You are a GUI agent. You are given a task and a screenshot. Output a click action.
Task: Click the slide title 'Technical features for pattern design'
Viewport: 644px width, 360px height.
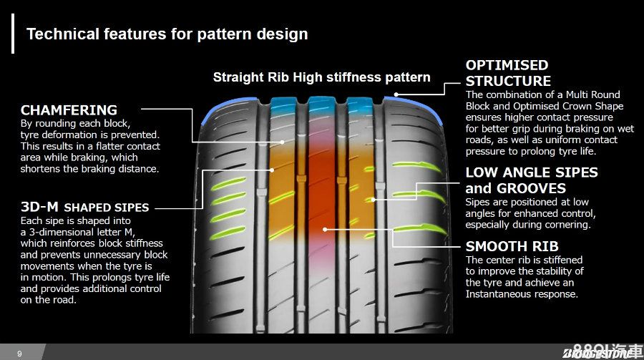tap(167, 34)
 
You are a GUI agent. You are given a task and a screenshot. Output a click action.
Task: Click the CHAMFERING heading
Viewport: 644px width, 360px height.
tap(69, 110)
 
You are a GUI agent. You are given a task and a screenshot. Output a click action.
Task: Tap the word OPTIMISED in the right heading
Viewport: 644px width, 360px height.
tap(507, 65)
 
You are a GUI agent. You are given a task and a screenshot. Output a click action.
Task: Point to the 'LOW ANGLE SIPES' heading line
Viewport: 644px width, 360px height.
tap(531, 172)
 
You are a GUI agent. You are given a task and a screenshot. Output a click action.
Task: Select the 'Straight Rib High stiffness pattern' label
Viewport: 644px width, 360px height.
tap(321, 77)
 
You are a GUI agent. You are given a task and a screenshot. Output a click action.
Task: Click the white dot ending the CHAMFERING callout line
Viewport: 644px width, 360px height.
tap(283, 142)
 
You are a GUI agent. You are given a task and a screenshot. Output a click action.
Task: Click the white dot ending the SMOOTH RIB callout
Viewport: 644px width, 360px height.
tap(325, 230)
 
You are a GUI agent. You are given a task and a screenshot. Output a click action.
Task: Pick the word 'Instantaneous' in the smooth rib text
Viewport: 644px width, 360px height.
tap(498, 294)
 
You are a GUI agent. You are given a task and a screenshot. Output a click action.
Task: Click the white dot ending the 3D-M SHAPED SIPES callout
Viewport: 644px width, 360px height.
tap(273, 170)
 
